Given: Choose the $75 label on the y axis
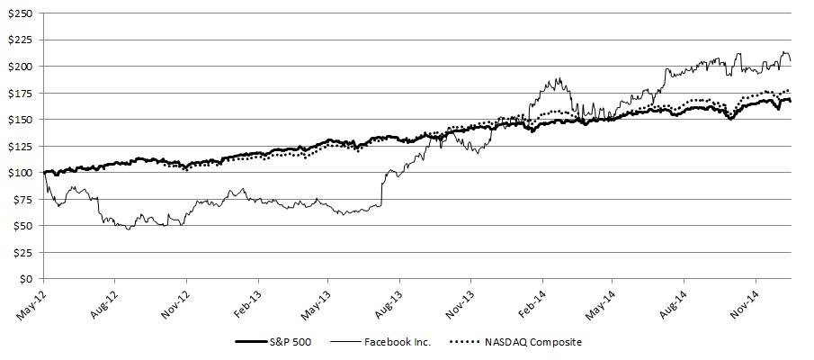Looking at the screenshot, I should [x=21, y=199].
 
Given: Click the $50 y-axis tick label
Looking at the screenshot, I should [x=21, y=226].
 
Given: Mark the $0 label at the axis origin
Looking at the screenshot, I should [x=24, y=279].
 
